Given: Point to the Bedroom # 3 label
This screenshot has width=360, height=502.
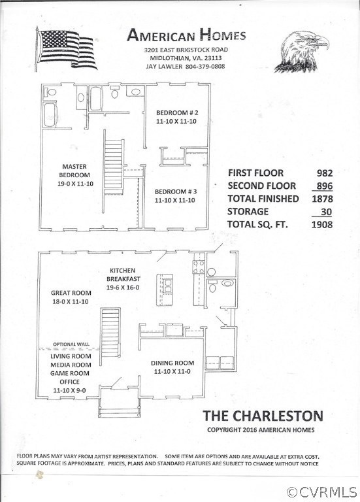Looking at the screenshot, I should [x=174, y=195].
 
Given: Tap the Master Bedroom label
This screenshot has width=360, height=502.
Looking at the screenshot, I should [x=74, y=174].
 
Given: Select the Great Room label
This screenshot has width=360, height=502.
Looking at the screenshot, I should [x=69, y=297].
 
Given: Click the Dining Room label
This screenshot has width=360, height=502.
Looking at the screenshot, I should [x=172, y=367].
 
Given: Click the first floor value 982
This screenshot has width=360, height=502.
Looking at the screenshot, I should [x=324, y=173].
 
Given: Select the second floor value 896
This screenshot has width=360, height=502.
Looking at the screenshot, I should [x=324, y=186].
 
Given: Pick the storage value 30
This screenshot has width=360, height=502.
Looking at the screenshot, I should [x=327, y=212].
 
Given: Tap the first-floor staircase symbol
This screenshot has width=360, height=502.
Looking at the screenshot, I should [x=109, y=333].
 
